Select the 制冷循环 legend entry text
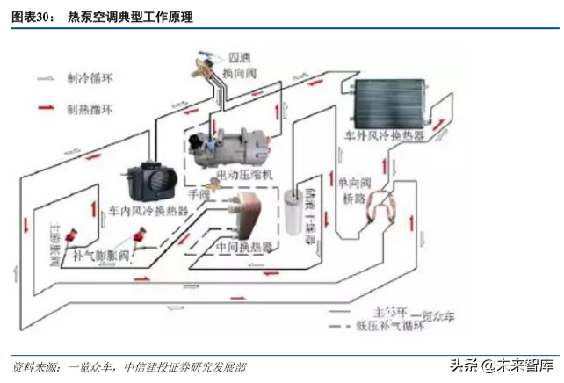tap(89, 78)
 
